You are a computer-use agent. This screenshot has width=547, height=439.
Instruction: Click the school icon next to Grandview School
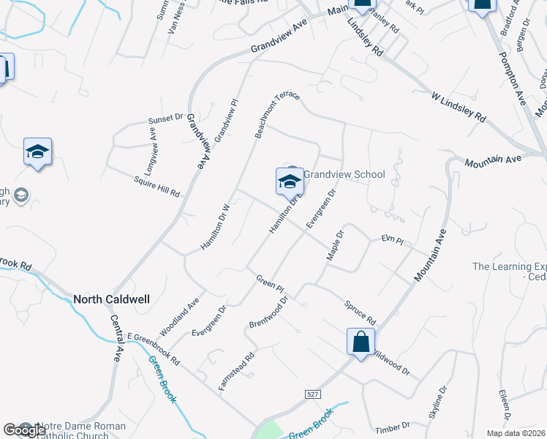tap(290, 181)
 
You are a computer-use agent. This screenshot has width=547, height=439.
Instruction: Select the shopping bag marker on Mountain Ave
tap(361, 342)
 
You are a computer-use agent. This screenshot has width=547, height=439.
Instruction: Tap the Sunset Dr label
tap(165, 118)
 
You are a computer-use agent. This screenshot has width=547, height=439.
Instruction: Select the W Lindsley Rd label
tap(459, 106)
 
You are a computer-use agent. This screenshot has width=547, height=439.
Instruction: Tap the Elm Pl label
tap(393, 239)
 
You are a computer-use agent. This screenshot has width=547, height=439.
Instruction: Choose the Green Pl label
tap(269, 286)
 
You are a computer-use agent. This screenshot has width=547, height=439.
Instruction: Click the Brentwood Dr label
tap(268, 312)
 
